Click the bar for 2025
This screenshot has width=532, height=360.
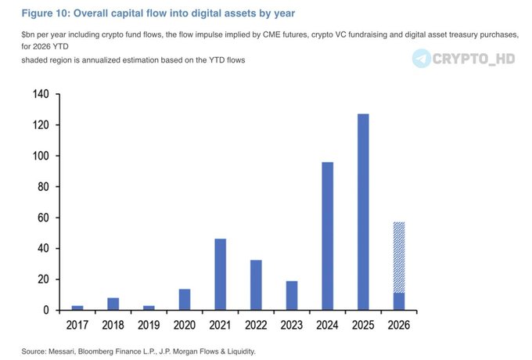(363, 211)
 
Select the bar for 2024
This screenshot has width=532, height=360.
(327, 236)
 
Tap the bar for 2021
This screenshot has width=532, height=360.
(220, 274)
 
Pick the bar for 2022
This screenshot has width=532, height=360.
(256, 285)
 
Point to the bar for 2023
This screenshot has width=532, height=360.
(292, 295)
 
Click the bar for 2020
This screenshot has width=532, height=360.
(185, 299)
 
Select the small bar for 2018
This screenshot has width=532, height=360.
(113, 304)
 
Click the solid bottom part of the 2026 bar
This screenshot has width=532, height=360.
(399, 301)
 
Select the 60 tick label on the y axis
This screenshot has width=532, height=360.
(42, 218)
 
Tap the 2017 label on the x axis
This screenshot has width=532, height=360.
(77, 323)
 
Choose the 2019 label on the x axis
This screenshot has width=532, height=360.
(149, 323)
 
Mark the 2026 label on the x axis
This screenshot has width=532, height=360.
(399, 323)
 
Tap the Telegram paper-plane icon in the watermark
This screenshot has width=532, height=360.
(423, 58)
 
